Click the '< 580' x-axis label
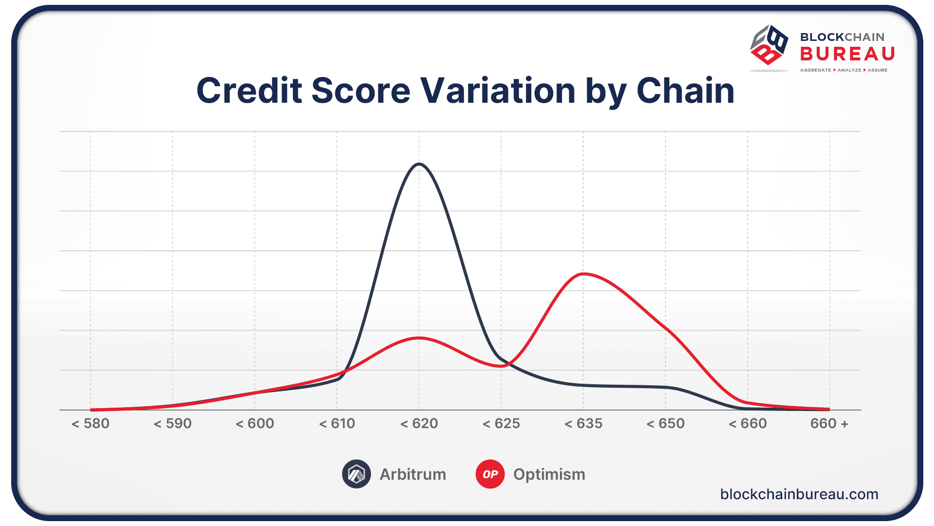tap(90, 423)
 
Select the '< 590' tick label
tap(173, 423)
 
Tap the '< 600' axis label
tap(255, 423)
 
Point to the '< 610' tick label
tap(337, 423)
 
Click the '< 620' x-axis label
tap(419, 423)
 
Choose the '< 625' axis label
tap(501, 423)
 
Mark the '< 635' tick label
tap(583, 423)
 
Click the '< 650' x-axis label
tap(665, 423)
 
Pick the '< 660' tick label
tap(748, 423)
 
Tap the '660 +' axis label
tap(829, 423)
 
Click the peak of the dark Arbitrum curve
tap(419, 164)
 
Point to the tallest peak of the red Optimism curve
tap(584, 274)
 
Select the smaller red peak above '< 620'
tap(419, 338)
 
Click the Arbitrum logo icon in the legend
tap(356, 474)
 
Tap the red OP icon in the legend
tap(490, 474)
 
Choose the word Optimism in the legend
tap(549, 474)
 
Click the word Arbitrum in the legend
tap(413, 474)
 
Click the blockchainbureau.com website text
tap(799, 494)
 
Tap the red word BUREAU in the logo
tap(847, 54)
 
